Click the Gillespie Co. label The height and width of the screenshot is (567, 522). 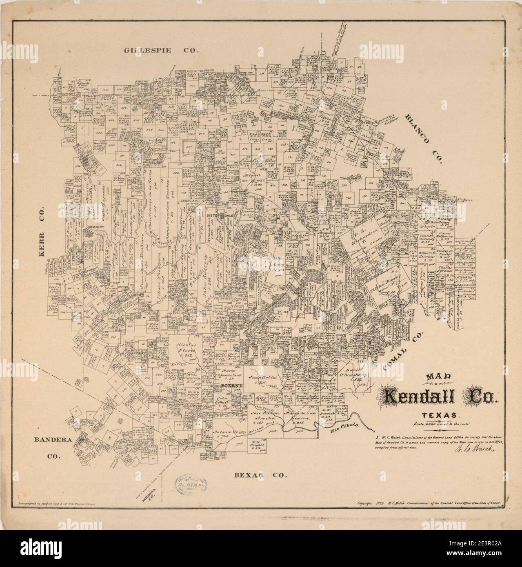(x=161, y=51)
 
